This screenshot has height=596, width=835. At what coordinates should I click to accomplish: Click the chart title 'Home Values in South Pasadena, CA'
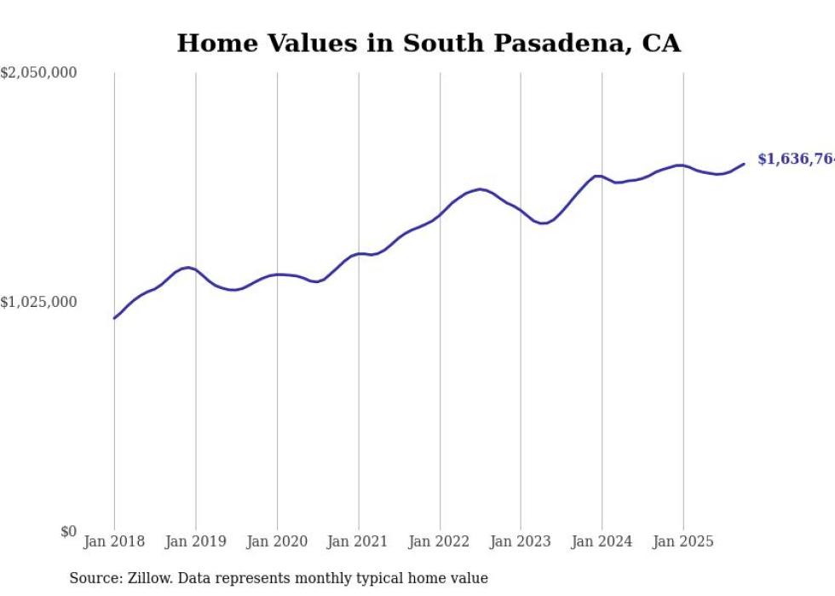click(x=429, y=43)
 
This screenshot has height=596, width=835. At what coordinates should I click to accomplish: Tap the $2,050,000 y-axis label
click(x=38, y=73)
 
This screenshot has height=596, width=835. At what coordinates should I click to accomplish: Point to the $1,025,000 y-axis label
click(x=38, y=302)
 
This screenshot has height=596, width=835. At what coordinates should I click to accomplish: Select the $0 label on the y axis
click(x=68, y=531)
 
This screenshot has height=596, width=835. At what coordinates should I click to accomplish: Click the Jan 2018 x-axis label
click(x=114, y=541)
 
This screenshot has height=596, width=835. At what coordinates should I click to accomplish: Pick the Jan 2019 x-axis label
click(x=195, y=541)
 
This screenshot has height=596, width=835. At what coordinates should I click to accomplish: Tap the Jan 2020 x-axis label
click(x=277, y=541)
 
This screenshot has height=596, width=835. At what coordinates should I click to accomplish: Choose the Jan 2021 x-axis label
click(x=358, y=541)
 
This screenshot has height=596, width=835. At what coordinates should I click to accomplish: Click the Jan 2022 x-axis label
click(x=440, y=541)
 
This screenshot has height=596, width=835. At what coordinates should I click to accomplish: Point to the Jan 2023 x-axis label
click(x=521, y=541)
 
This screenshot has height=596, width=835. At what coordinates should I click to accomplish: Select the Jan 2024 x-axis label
click(x=602, y=541)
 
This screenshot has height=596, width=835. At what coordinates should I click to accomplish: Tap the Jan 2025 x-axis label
click(x=683, y=541)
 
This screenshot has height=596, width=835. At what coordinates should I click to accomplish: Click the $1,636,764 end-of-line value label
click(x=796, y=159)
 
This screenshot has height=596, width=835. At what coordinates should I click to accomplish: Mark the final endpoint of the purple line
click(x=744, y=164)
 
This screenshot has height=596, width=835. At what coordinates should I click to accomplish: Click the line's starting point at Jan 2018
click(x=114, y=318)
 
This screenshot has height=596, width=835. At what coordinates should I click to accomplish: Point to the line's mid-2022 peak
click(x=481, y=189)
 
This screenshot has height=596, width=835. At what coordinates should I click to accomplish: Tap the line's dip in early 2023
click(x=542, y=223)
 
